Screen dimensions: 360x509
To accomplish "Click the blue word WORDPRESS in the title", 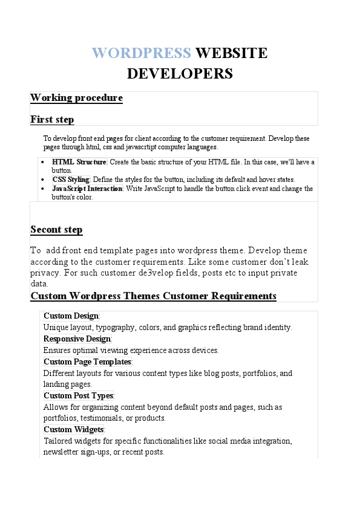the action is click(142, 53).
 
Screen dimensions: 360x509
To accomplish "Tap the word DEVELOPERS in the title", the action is click(180, 74).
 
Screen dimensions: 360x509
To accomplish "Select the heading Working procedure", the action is click(76, 98).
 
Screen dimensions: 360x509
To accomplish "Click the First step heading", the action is click(52, 120).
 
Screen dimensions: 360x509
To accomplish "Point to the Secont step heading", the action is click(56, 230).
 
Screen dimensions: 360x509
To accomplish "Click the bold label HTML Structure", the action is click(79, 162).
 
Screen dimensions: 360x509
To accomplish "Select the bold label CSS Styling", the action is click(71, 180).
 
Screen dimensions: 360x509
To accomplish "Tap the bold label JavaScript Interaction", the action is click(87, 189).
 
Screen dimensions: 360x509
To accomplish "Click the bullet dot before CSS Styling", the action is click(41, 180).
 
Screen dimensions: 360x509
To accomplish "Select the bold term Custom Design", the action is click(71, 316).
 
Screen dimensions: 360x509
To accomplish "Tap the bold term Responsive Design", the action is click(77, 339).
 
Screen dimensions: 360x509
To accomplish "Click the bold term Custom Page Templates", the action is click(87, 362).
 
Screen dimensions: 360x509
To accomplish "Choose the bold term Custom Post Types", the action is click(78, 396).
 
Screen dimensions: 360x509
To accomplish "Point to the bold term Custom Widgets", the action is click(74, 430).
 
